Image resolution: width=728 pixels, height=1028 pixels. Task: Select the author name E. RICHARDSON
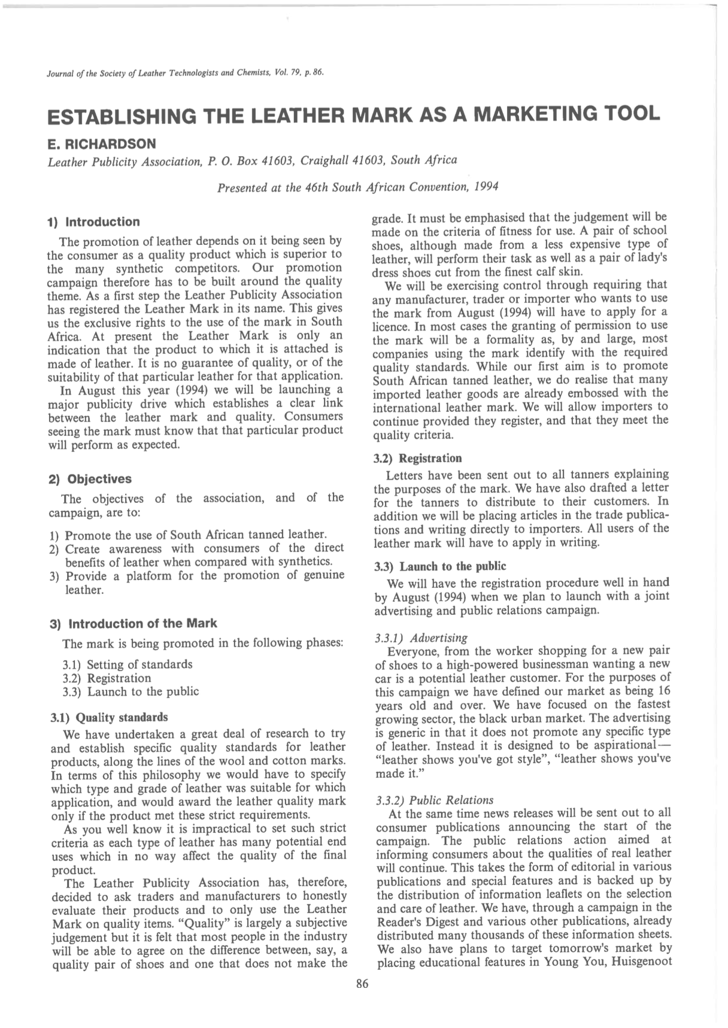click(101, 144)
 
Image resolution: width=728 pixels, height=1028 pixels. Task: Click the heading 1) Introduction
click(93, 222)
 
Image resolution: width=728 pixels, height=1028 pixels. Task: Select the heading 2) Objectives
click(90, 479)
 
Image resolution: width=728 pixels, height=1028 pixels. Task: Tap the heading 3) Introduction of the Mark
click(133, 623)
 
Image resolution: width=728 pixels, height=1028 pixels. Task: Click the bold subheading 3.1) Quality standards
click(110, 717)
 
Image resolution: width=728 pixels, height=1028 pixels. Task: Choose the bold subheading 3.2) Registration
click(417, 459)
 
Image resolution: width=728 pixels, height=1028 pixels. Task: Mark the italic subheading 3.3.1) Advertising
click(421, 638)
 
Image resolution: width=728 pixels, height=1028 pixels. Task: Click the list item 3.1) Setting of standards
click(128, 665)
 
